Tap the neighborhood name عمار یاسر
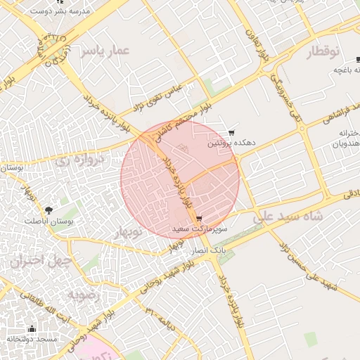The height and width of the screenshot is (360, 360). [106, 51]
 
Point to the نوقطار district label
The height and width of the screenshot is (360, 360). [323, 51]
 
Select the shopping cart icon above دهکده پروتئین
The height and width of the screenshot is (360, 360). [231, 132]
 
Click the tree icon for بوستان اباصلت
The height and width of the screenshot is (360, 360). [49, 210]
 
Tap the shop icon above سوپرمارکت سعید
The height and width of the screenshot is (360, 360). [200, 219]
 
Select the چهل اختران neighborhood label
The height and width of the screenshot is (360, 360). [41, 261]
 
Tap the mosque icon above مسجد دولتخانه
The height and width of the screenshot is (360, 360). [31, 328]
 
